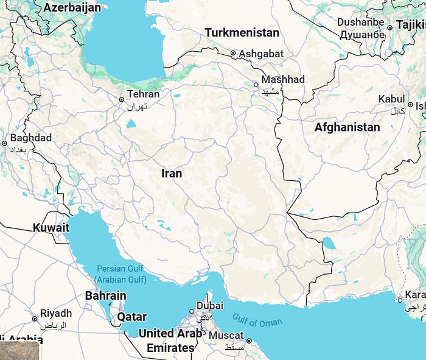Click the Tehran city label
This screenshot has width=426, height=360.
(144, 94)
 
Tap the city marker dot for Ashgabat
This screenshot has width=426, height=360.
(233, 54)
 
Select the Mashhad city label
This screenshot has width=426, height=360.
(283, 80)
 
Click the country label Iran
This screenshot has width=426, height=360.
(172, 174)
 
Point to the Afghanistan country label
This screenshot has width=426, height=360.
(347, 127)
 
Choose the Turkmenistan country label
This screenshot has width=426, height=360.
(242, 33)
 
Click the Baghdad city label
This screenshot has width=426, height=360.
(31, 138)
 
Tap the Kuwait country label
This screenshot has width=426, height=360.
(51, 228)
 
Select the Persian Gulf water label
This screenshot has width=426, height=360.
(120, 269)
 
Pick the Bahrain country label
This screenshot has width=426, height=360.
(105, 296)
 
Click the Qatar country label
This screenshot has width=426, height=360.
(131, 317)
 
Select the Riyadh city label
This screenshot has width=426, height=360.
(56, 314)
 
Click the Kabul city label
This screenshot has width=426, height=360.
(391, 99)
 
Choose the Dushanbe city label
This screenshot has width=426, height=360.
(361, 23)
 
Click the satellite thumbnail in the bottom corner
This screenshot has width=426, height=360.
(19, 351)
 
